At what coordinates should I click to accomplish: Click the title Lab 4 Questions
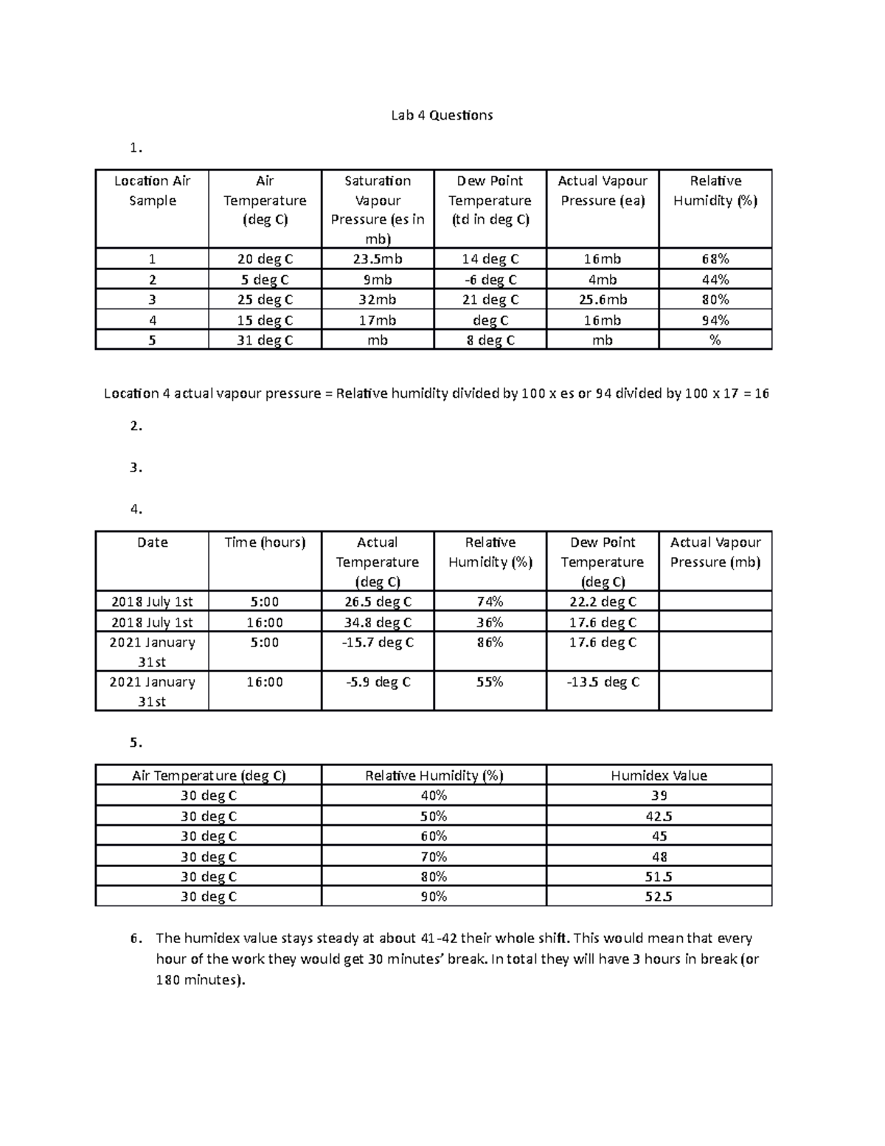[442, 115]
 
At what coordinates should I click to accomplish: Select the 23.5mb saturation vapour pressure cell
[378, 259]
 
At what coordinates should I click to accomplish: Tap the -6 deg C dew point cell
[490, 280]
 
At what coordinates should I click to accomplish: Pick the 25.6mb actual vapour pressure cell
[603, 300]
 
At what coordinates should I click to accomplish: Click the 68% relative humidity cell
[715, 259]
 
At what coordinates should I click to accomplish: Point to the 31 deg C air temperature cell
[265, 340]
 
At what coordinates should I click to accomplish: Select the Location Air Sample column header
[152, 190]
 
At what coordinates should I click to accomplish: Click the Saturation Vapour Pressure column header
[378, 210]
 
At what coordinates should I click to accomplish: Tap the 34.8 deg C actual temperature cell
[378, 622]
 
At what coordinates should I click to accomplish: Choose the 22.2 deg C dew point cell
[603, 601]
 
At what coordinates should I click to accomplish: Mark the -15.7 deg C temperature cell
[378, 643]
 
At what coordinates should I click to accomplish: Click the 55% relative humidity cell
[490, 683]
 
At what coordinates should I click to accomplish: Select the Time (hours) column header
[265, 542]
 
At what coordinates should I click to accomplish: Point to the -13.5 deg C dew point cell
[603, 683]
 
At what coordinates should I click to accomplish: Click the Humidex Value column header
[659, 776]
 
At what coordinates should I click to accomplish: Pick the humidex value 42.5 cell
[659, 816]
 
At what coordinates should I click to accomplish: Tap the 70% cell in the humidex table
[434, 857]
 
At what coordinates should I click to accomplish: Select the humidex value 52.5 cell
[659, 897]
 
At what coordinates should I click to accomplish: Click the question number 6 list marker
[135, 939]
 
